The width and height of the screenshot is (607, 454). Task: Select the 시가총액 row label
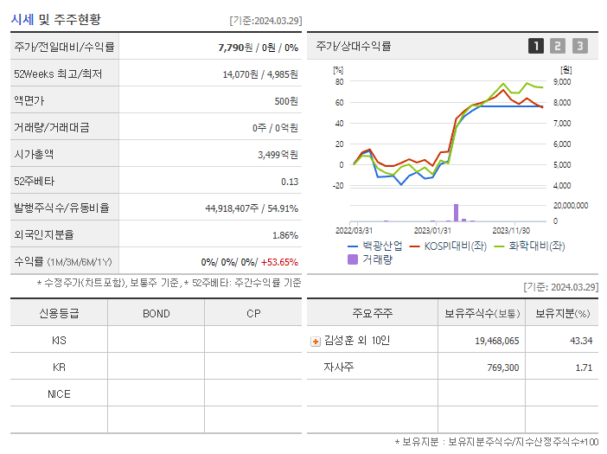[x=34, y=154]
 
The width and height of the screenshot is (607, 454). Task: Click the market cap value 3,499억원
[x=278, y=154]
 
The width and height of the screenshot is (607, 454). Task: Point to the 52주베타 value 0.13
[x=290, y=181]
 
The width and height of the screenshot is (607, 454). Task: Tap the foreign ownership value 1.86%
[x=285, y=234]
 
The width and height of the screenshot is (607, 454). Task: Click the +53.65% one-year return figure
[x=279, y=262]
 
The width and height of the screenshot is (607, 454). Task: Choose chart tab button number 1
[x=536, y=46]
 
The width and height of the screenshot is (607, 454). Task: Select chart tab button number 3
[x=579, y=46]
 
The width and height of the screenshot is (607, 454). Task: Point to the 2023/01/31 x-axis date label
[x=432, y=230]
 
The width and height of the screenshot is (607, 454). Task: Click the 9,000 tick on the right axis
[x=560, y=82]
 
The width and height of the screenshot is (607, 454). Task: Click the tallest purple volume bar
[x=456, y=213]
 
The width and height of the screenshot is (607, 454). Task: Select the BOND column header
[x=157, y=313]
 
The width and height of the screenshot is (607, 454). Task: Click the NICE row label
[x=59, y=393]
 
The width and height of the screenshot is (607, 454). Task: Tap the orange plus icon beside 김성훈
[x=315, y=341]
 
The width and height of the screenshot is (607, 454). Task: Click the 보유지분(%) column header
[x=562, y=313]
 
